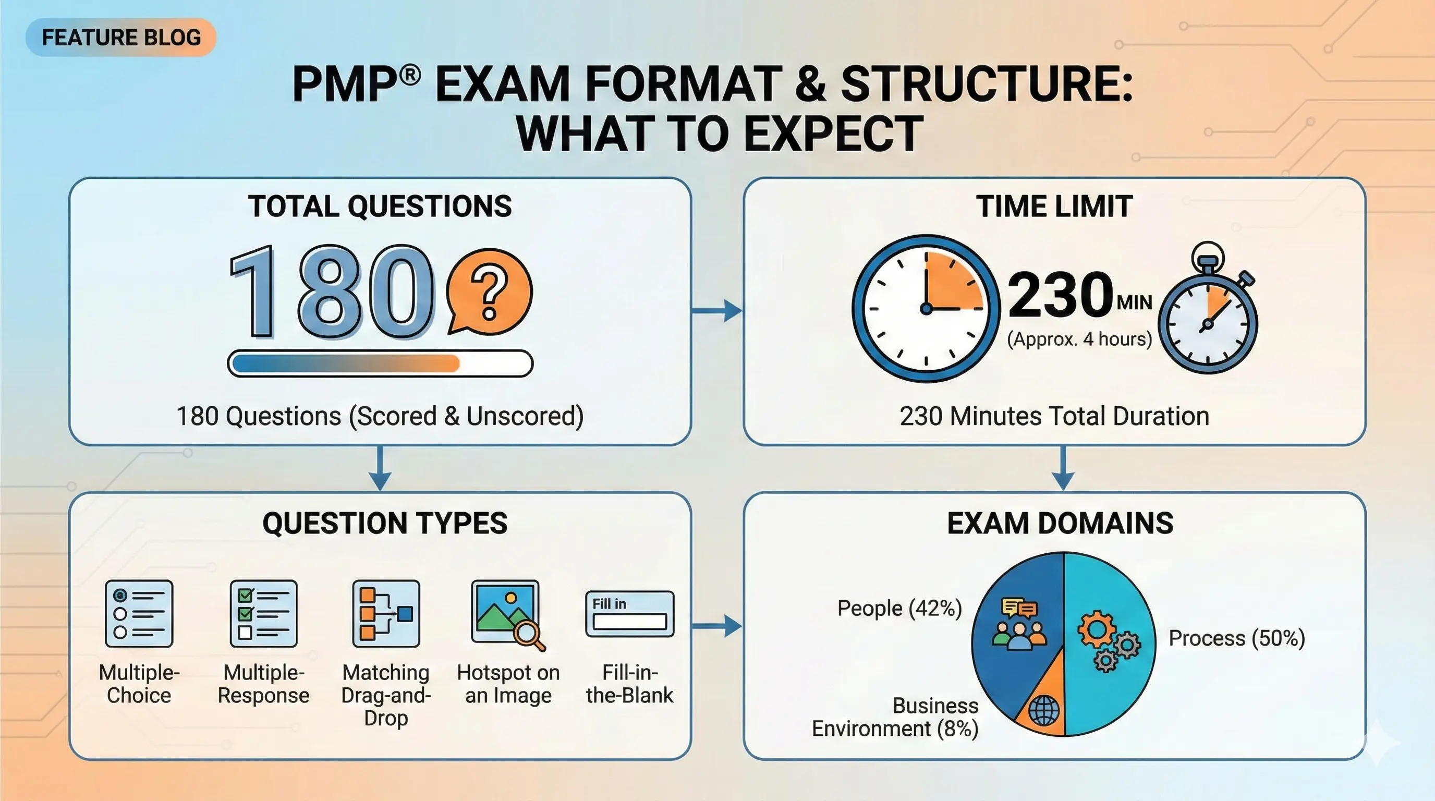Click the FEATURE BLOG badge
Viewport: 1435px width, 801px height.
[121, 38]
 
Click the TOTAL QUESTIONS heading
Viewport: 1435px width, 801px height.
[380, 206]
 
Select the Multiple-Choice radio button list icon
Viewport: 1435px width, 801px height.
[139, 613]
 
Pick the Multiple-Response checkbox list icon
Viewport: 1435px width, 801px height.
[263, 613]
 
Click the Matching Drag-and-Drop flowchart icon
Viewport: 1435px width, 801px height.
[386, 613]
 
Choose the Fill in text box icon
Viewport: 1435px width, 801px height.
[629, 614]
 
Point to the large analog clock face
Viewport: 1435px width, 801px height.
[926, 308]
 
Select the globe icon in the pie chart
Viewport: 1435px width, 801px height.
[1043, 710]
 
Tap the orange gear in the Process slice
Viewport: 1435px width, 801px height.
[1096, 629]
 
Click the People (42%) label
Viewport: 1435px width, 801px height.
[899, 608]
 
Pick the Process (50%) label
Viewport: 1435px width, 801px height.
[1237, 638]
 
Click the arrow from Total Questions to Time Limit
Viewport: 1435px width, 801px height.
[717, 310]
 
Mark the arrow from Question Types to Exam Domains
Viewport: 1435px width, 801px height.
[717, 626]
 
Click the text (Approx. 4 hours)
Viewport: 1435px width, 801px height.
[1079, 338]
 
